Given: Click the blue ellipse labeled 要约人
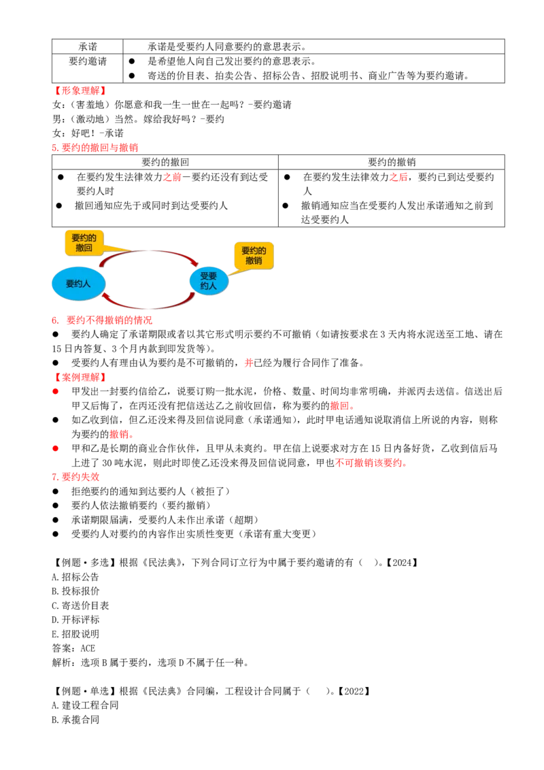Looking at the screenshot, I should coord(78,284).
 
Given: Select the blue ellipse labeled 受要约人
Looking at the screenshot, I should coord(209,281).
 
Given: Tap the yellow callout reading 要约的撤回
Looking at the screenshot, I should coord(84,243).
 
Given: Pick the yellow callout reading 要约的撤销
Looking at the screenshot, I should coord(254,256).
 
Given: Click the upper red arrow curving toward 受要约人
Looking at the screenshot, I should coord(150,252).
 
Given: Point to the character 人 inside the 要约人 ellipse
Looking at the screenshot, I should coord(86,284).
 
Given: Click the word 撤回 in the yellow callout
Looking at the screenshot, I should coord(84,248).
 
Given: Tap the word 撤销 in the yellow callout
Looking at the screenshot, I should coord(254,261).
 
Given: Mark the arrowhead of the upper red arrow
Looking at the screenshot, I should coord(197,264).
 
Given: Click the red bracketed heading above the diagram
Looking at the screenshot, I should coord(81,90).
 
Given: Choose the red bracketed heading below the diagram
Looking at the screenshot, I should coord(80,377).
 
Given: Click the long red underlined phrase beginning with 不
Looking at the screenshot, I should coord(371,463).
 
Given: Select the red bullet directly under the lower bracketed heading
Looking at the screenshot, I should coord(55,392).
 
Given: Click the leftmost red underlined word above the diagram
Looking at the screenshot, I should coord(173,178).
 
